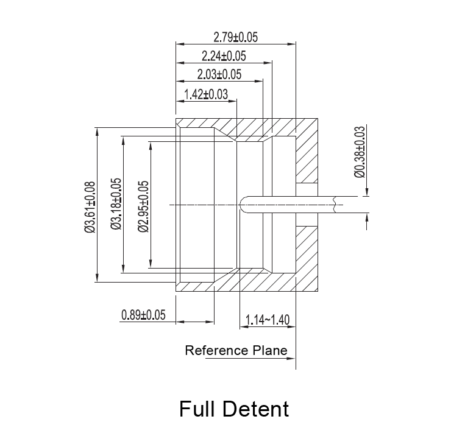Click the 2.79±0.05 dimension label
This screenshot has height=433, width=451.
point(236,37)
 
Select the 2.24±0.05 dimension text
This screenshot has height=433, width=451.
point(224,57)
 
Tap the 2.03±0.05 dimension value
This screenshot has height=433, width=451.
point(219,75)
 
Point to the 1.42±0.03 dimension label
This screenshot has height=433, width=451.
point(205,94)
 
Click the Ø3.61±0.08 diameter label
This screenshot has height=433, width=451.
point(89,207)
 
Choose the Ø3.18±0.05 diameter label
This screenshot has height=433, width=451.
point(116,204)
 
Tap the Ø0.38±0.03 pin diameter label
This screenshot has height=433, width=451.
point(359,152)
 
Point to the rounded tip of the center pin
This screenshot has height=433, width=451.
point(243,204)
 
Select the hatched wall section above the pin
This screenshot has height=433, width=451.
point(307,152)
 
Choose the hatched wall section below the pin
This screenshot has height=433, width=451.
point(307,256)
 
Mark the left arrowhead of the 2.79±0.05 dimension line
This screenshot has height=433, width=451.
point(179,43)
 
